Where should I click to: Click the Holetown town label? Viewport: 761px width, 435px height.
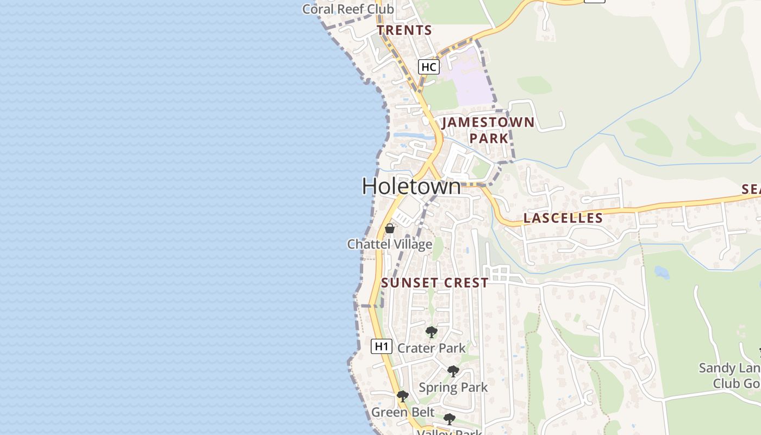point(411,187)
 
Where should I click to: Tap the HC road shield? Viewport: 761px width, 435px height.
point(428,67)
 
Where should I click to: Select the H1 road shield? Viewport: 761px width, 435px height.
point(382,346)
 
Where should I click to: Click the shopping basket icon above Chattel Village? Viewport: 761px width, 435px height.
point(389,228)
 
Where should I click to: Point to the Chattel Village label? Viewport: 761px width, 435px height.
point(390,244)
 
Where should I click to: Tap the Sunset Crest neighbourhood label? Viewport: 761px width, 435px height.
point(434,283)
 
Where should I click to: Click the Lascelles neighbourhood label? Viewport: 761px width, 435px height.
point(563,219)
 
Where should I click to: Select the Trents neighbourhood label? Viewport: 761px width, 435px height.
point(404,30)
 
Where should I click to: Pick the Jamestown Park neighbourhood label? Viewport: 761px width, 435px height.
point(488,130)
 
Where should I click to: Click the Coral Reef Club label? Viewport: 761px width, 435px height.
point(348,9)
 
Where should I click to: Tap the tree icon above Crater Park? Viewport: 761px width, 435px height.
point(431,332)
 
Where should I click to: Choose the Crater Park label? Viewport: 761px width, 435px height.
point(432,348)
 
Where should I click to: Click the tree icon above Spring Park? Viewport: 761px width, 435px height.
point(453,371)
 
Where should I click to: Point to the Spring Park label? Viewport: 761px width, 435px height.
point(453,388)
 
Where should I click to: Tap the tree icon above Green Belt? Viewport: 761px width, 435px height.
point(402,396)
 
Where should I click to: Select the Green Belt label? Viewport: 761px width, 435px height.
point(403,412)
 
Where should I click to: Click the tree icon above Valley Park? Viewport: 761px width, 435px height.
point(449,419)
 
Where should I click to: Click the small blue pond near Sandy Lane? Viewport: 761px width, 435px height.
point(662,272)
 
